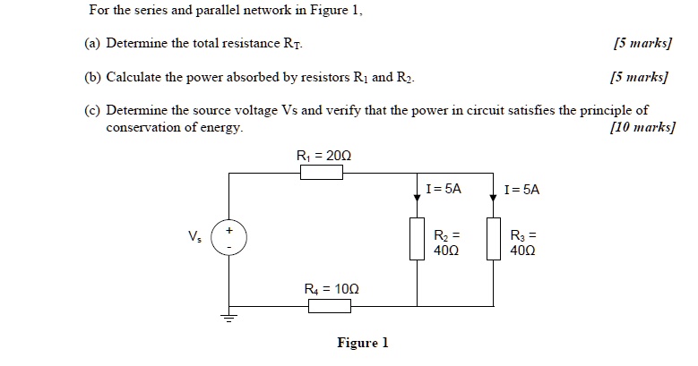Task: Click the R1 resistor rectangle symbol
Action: [x=322, y=173]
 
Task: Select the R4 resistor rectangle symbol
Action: [x=330, y=306]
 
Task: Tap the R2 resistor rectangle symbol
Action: [x=418, y=239]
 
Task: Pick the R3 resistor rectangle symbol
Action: [x=494, y=239]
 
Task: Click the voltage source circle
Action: [x=228, y=239]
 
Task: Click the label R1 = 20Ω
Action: [x=323, y=156]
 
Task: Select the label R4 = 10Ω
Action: [x=330, y=288]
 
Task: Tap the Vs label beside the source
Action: [x=194, y=238]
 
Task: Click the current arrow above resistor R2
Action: [x=418, y=197]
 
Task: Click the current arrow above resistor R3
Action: [x=494, y=197]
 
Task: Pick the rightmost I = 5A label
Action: [x=521, y=190]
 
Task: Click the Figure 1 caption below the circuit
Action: [x=362, y=343]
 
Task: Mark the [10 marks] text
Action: [x=641, y=128]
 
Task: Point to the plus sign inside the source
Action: [x=228, y=230]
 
